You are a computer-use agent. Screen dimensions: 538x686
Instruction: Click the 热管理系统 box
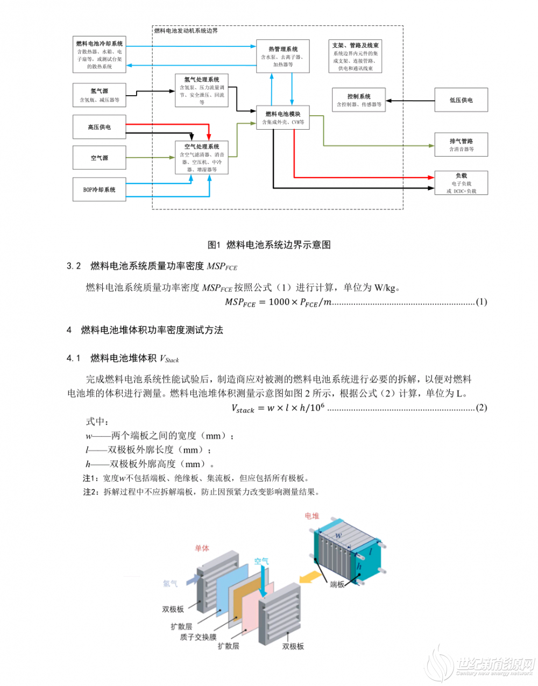[282, 56]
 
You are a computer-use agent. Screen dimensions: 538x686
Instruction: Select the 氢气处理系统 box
[202, 90]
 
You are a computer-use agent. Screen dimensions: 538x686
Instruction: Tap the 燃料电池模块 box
[283, 117]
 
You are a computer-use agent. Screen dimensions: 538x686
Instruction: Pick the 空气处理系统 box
[202, 158]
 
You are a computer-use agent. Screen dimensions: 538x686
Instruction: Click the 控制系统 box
[358, 100]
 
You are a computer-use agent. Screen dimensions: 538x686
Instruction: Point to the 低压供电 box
[461, 100]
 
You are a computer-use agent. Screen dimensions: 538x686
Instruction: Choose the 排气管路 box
[461, 145]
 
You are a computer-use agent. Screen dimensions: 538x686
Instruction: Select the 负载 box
[461, 183]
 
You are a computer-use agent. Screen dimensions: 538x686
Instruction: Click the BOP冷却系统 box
[100, 189]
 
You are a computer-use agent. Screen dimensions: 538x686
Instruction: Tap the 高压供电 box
[100, 127]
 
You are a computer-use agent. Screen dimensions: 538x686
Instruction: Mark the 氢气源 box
[100, 95]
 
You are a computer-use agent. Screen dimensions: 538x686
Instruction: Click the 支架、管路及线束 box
[355, 56]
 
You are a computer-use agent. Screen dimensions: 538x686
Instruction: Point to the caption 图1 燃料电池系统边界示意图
[269, 245]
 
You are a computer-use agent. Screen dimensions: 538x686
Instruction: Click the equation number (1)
[481, 302]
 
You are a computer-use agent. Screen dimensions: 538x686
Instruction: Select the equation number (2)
[481, 407]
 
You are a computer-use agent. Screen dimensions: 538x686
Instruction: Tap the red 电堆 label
[312, 516]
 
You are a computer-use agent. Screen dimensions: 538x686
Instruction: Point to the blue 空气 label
[261, 561]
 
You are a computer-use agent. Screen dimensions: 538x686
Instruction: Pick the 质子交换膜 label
[198, 637]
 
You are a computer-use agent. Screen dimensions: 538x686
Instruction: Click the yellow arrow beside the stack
[310, 577]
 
